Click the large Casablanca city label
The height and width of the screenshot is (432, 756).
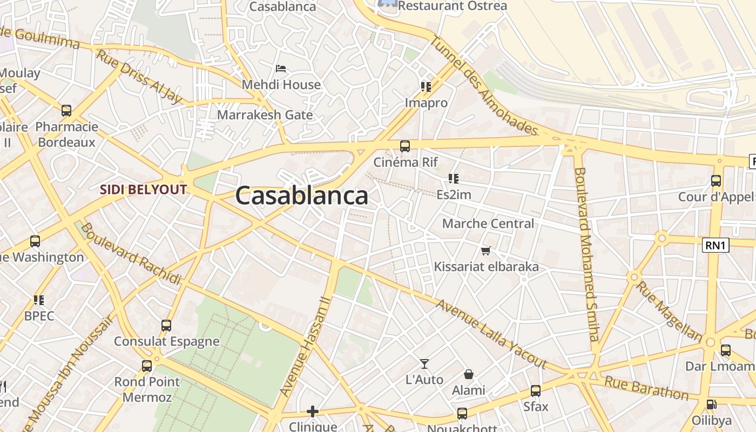301,195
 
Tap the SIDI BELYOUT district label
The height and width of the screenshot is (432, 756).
144,190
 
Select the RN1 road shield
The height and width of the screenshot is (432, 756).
715,246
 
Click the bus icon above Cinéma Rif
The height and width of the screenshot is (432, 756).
404,146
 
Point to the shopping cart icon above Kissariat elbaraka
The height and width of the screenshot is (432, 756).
485,251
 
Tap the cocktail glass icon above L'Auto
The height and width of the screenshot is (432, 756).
424,364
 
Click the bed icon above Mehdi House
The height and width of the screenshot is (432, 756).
281,69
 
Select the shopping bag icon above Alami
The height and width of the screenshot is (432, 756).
468,374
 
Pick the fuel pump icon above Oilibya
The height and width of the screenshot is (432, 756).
711,404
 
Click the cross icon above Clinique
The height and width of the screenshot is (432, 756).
312,411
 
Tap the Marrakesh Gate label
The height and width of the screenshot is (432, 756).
265,114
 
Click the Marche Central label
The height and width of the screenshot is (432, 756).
488,224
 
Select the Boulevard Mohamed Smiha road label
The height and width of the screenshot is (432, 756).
587,254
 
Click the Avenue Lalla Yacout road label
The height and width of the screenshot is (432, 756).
491,335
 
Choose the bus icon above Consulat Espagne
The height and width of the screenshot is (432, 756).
166,326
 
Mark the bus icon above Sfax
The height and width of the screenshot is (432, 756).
535,391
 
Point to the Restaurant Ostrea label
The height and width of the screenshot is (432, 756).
453,6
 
